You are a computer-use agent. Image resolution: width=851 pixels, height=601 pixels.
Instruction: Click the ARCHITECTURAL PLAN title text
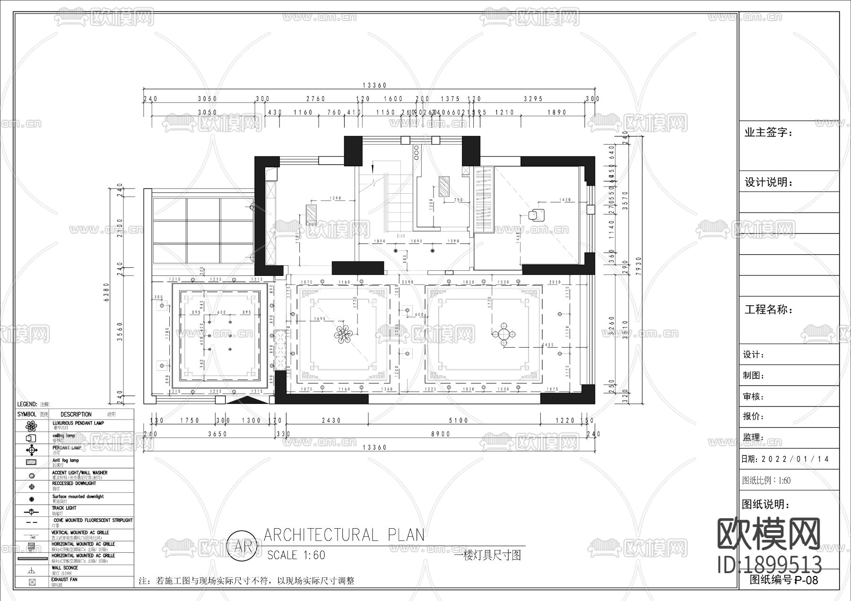(344, 535)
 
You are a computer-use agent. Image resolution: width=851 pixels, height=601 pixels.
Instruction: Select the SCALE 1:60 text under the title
(296, 555)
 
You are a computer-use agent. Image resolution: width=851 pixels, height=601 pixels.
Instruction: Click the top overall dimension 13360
(374, 86)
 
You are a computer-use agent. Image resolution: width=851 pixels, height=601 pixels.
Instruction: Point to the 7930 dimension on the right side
(638, 269)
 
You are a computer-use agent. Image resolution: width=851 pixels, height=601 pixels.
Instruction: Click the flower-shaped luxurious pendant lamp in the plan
(344, 334)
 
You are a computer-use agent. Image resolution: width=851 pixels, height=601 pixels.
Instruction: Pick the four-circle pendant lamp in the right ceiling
(504, 335)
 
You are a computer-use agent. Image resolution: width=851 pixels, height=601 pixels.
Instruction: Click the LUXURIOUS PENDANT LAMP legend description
(78, 423)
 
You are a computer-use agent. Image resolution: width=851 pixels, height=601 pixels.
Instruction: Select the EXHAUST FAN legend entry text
(64, 579)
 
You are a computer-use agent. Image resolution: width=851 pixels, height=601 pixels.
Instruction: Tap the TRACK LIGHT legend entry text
(64, 508)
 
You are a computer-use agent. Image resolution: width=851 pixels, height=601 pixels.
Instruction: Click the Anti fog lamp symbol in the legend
(32, 462)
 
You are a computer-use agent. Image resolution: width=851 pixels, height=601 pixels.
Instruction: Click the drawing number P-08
(806, 580)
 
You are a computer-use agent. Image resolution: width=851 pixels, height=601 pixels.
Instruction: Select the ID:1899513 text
(770, 564)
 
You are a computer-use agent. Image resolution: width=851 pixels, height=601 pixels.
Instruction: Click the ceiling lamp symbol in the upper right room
(535, 215)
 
